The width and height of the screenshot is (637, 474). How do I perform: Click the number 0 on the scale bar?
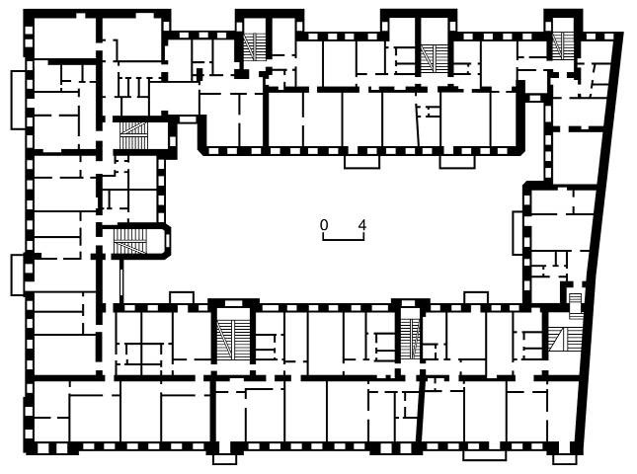pyautogui.click(x=323, y=224)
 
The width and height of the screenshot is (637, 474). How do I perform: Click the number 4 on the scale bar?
pyautogui.click(x=362, y=224)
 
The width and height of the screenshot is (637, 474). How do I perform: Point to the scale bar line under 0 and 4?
pyautogui.click(x=344, y=240)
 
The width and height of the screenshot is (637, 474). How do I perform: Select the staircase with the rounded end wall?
pyautogui.click(x=130, y=242)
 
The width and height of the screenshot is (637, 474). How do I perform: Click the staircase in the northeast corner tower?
pyautogui.click(x=563, y=45)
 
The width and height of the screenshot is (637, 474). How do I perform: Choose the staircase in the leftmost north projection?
pyautogui.click(x=255, y=47)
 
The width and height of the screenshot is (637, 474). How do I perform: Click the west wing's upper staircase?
pyautogui.click(x=133, y=135)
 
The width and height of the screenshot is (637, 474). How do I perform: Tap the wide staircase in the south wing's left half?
pyautogui.click(x=232, y=340)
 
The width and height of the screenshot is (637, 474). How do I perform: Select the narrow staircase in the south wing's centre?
pyautogui.click(x=410, y=339)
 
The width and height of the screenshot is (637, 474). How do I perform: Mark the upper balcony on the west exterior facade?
pyautogui.click(x=19, y=101)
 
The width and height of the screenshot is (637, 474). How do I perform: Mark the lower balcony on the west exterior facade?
pyautogui.click(x=18, y=275)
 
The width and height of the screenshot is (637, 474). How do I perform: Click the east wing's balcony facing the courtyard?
pyautogui.click(x=518, y=233)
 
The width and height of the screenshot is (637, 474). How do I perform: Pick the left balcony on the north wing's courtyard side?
pyautogui.click(x=361, y=162)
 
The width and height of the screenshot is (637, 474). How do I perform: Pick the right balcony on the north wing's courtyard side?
pyautogui.click(x=457, y=162)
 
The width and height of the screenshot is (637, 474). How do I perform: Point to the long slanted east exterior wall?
pyautogui.click(x=600, y=243)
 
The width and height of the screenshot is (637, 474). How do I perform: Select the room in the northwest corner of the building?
pyautogui.click(x=64, y=38)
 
